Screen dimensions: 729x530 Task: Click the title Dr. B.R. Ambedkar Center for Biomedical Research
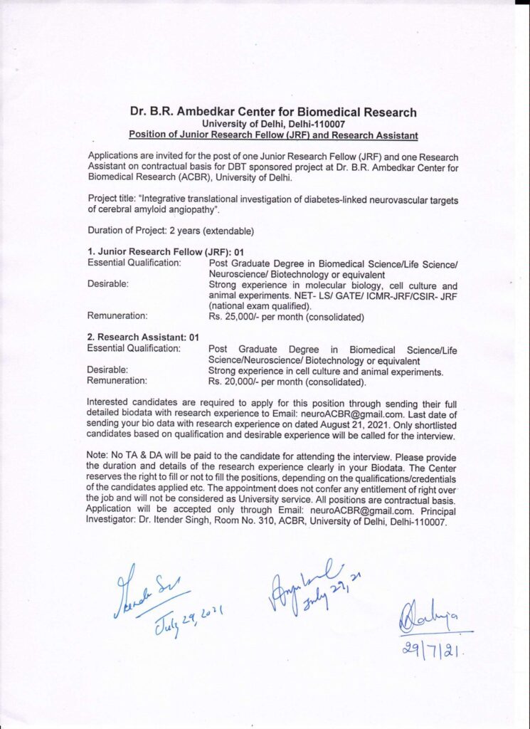[273, 112]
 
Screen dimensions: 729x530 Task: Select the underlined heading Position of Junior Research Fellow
[273, 135]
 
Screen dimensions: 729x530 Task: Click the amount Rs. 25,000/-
[235, 317]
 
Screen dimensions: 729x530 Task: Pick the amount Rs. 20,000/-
[235, 382]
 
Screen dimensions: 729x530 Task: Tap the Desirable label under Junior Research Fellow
[107, 284]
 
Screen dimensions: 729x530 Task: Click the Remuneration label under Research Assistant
[117, 382]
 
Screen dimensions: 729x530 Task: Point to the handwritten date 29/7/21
[428, 648]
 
